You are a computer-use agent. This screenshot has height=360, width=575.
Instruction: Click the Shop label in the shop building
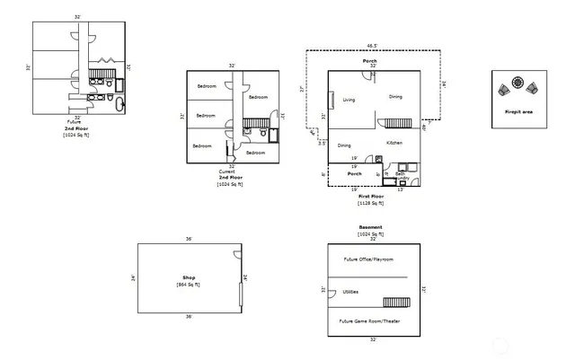190,278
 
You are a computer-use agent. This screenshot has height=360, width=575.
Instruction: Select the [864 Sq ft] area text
190,285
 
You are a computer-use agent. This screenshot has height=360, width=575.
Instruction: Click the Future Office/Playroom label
367,259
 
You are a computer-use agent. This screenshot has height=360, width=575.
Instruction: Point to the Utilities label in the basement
351,292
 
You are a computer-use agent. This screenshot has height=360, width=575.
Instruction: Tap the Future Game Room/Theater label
367,320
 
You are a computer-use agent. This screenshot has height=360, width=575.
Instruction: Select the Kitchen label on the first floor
394,144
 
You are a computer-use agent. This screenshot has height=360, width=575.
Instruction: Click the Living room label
349,101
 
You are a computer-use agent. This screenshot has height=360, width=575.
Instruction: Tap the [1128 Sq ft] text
371,203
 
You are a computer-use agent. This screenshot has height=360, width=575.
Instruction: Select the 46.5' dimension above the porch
371,45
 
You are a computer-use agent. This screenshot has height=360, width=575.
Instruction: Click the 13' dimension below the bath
401,189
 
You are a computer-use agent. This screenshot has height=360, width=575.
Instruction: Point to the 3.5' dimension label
322,143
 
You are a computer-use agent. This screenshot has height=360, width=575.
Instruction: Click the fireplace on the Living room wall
331,97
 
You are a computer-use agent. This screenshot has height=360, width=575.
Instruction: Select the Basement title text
371,227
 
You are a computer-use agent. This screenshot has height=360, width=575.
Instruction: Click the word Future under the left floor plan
74,122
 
